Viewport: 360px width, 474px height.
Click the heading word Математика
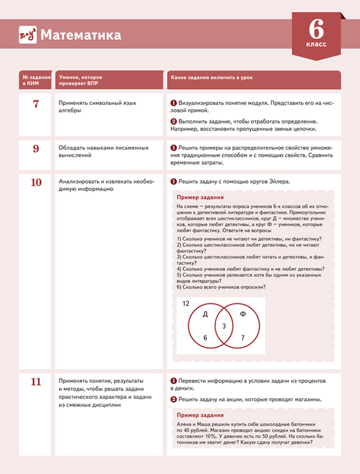pos(81,35)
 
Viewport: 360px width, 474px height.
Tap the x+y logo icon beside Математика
pos(27,35)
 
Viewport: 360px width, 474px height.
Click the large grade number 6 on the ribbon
pos(317,27)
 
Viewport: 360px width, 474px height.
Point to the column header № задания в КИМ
pos(35,81)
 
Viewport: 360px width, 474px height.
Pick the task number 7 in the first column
pos(36,104)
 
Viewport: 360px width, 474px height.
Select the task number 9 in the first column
pos(36,149)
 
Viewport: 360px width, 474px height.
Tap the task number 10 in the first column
pos(36,182)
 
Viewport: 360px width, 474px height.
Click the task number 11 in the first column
pos(36,382)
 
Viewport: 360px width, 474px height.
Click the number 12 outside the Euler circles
pos(186,304)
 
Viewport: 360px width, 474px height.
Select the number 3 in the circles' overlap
pos(224,326)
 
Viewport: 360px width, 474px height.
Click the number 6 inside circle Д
pos(205,337)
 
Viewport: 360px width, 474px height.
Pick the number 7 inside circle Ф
pos(243,337)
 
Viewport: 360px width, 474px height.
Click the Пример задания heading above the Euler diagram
pos(197,197)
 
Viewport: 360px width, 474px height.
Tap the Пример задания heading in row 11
pos(197,415)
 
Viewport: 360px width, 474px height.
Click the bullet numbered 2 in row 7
pos(174,121)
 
